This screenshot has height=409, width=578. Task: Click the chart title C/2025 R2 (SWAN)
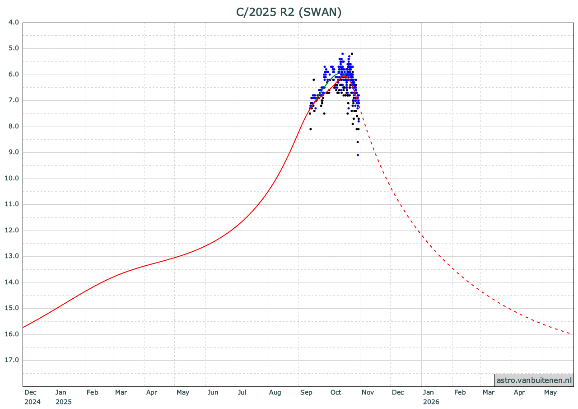(289, 12)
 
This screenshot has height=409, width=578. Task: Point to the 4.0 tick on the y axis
(14, 22)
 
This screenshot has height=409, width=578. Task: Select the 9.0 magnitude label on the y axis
(14, 152)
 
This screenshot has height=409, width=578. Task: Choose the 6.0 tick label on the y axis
(14, 74)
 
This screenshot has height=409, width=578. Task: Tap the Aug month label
(275, 392)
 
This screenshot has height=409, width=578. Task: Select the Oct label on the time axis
(336, 392)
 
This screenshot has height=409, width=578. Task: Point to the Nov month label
(368, 392)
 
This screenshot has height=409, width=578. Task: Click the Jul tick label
(242, 392)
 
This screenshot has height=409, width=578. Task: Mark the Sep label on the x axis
(307, 392)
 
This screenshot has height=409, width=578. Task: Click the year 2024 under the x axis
(33, 401)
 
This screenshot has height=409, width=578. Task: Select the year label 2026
(431, 401)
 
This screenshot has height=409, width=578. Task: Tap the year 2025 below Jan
(64, 401)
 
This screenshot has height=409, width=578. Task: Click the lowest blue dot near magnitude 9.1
(358, 155)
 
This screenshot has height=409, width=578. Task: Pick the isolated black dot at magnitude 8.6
(358, 142)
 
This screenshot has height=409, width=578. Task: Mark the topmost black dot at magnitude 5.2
(352, 54)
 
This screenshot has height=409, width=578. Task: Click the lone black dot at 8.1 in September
(310, 129)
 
